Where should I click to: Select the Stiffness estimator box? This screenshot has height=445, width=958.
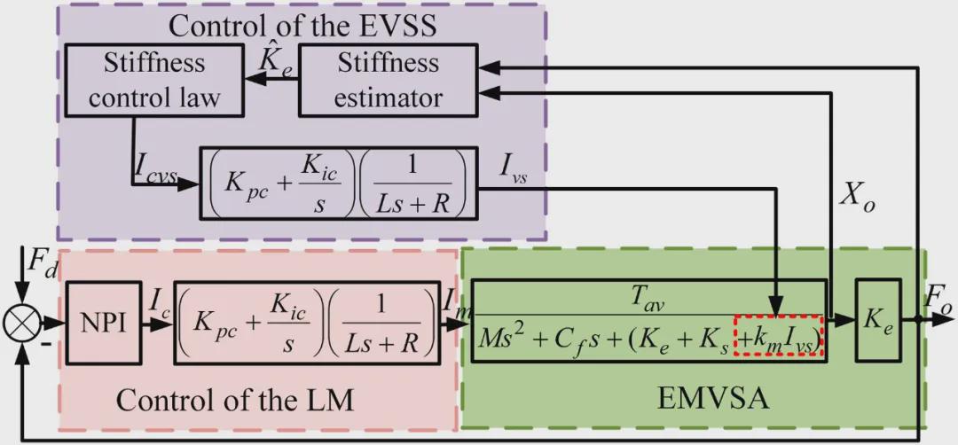click(387, 82)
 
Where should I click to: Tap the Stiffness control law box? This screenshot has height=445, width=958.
click(154, 82)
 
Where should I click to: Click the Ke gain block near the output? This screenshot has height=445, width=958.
click(877, 320)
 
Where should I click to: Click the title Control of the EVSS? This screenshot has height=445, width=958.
click(302, 24)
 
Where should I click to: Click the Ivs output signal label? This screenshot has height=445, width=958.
click(517, 168)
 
